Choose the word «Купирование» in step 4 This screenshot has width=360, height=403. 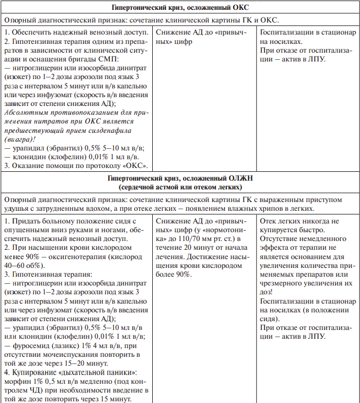pos(35,372)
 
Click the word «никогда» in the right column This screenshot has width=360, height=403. pos(309,221)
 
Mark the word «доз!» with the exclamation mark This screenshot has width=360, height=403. pos(267,291)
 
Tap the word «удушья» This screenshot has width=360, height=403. pos(17,209)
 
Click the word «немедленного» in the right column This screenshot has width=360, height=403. pos(319,239)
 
